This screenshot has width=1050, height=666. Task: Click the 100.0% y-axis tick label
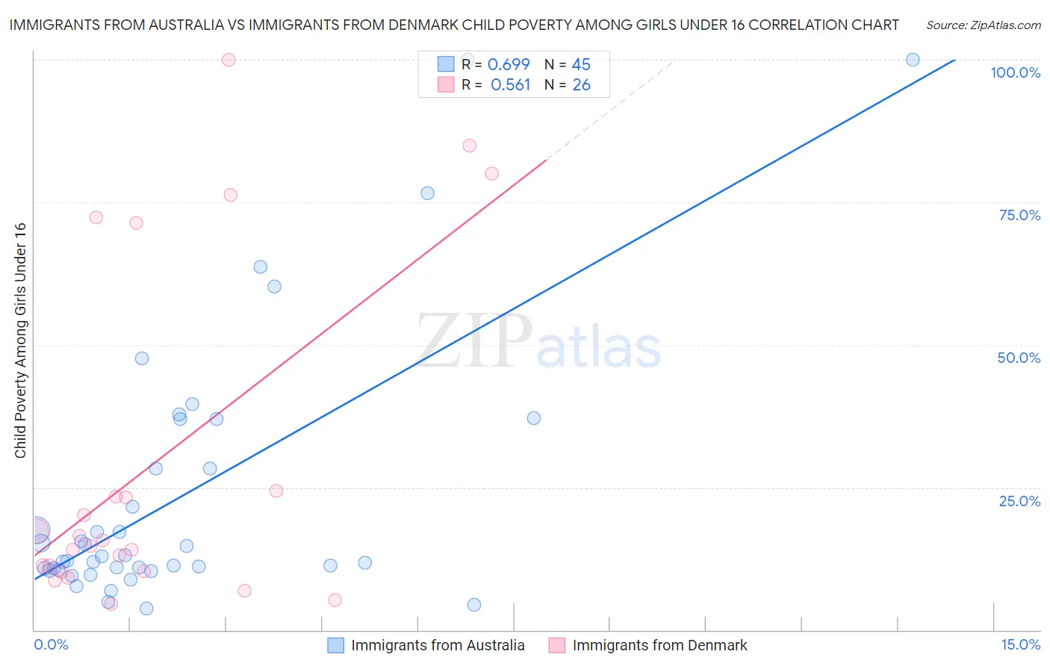[1015, 72]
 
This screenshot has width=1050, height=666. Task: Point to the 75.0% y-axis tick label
[1019, 215]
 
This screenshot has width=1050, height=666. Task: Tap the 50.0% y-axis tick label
[1019, 358]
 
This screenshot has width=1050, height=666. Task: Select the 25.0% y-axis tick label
[1019, 501]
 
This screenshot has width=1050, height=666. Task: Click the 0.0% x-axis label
[51, 644]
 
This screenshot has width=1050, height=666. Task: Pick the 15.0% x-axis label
[1020, 644]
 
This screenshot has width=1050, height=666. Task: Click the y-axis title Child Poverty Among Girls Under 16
[20, 340]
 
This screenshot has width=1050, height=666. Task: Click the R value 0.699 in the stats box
[509, 64]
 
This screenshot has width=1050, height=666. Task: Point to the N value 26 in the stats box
[581, 85]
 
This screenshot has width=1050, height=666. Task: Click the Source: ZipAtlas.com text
[983, 25]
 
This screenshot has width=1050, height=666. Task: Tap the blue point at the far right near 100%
[913, 60]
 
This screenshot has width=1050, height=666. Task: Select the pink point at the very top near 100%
[229, 60]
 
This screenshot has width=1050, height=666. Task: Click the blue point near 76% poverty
[427, 193]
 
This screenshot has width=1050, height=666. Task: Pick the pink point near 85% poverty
[469, 146]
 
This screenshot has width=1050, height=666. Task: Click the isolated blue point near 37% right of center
[534, 418]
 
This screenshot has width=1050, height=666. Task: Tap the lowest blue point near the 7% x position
[473, 605]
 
